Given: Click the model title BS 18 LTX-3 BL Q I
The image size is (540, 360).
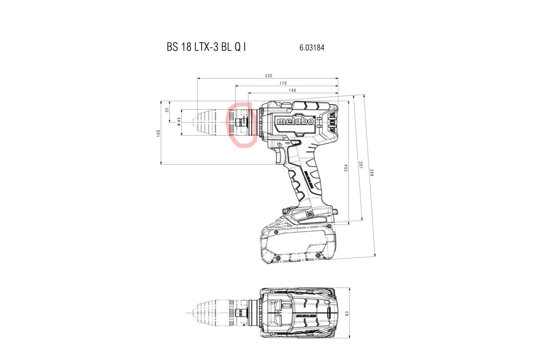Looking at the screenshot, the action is point(207,47).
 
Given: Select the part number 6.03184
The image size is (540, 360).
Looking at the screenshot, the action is point(312,48).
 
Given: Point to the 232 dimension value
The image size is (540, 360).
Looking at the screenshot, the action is point(269,76).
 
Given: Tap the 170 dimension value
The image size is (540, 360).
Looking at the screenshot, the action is point(283,83).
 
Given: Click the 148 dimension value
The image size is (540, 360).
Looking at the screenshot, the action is point(292,90).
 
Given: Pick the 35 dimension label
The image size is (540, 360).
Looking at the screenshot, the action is point(167,110).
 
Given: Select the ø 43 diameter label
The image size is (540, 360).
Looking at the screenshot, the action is point(179,121).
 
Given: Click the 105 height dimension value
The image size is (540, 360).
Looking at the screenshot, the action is point(158,133).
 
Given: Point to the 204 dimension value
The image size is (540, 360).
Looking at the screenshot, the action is point(346,168).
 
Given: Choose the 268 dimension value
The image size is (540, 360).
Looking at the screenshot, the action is point(372,172).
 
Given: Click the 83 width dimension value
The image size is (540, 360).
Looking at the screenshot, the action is point(346,314).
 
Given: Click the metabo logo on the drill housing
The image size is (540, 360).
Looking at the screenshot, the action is point(295,121).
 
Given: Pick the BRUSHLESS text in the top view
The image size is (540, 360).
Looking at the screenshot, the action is point(306,315).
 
